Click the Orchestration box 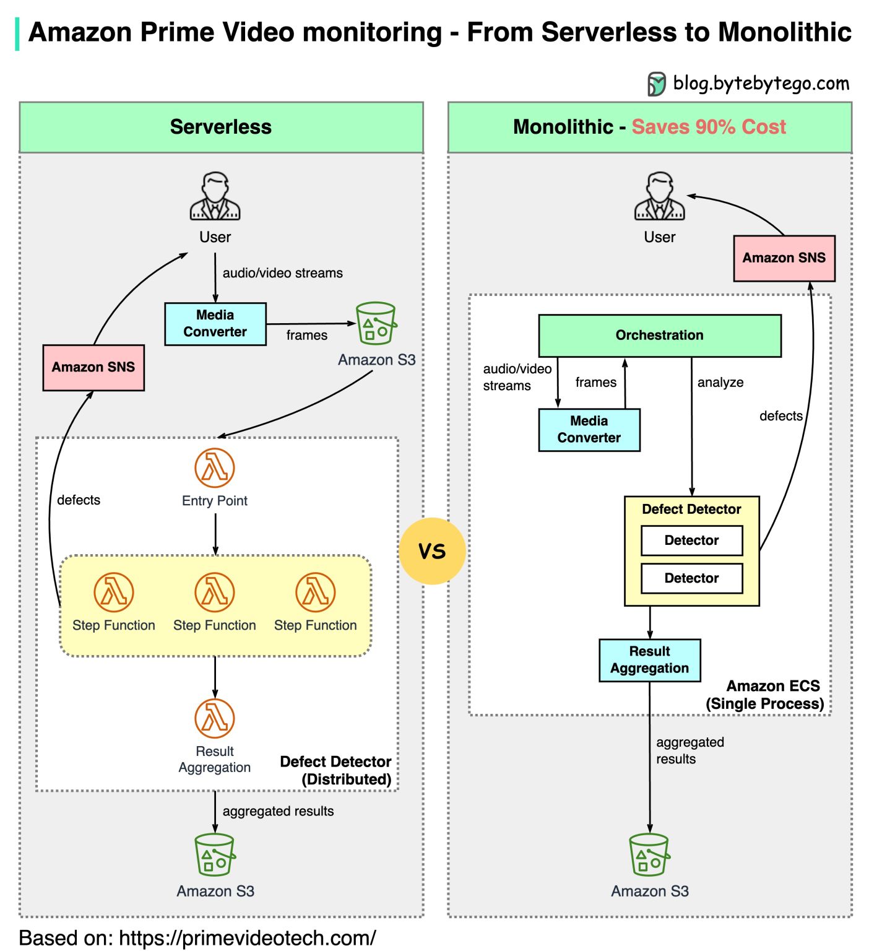click(x=659, y=336)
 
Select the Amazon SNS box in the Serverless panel click(x=93, y=368)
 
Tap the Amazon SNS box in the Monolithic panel click(x=784, y=258)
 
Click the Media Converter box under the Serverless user click(x=215, y=324)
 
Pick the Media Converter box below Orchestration click(x=589, y=430)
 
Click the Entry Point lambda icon click(x=214, y=468)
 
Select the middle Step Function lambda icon click(x=214, y=593)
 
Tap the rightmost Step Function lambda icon click(x=315, y=593)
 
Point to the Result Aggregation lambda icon click(x=214, y=718)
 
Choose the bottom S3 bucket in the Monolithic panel click(x=649, y=855)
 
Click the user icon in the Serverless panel click(x=215, y=197)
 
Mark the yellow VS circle click(x=432, y=551)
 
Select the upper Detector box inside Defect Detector click(x=691, y=541)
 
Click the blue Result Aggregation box click(x=649, y=660)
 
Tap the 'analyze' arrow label click(x=720, y=383)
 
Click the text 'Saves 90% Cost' click(x=709, y=127)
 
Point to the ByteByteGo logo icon click(x=656, y=84)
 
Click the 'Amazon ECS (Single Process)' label click(x=765, y=695)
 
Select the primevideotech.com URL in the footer click(x=247, y=938)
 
